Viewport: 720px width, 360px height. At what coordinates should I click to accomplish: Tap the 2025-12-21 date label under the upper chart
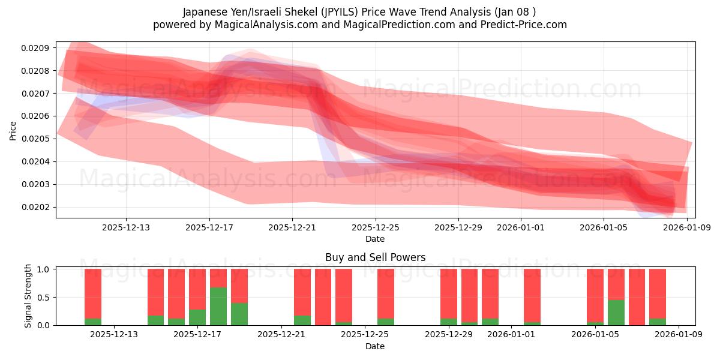tap(292, 227)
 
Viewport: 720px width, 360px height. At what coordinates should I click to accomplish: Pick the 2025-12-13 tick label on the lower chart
tap(114, 335)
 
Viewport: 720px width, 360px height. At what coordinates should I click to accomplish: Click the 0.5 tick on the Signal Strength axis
tap(45, 297)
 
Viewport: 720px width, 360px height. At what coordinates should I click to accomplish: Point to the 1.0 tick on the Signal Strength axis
tap(45, 269)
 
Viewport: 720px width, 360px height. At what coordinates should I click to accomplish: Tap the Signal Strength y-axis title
tap(28, 297)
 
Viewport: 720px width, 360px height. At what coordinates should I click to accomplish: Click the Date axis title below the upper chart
tap(375, 239)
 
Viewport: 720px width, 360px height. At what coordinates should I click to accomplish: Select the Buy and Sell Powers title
tap(375, 257)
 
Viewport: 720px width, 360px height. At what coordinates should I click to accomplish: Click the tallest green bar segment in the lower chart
tap(218, 306)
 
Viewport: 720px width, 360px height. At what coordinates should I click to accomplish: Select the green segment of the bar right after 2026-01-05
tap(616, 312)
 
